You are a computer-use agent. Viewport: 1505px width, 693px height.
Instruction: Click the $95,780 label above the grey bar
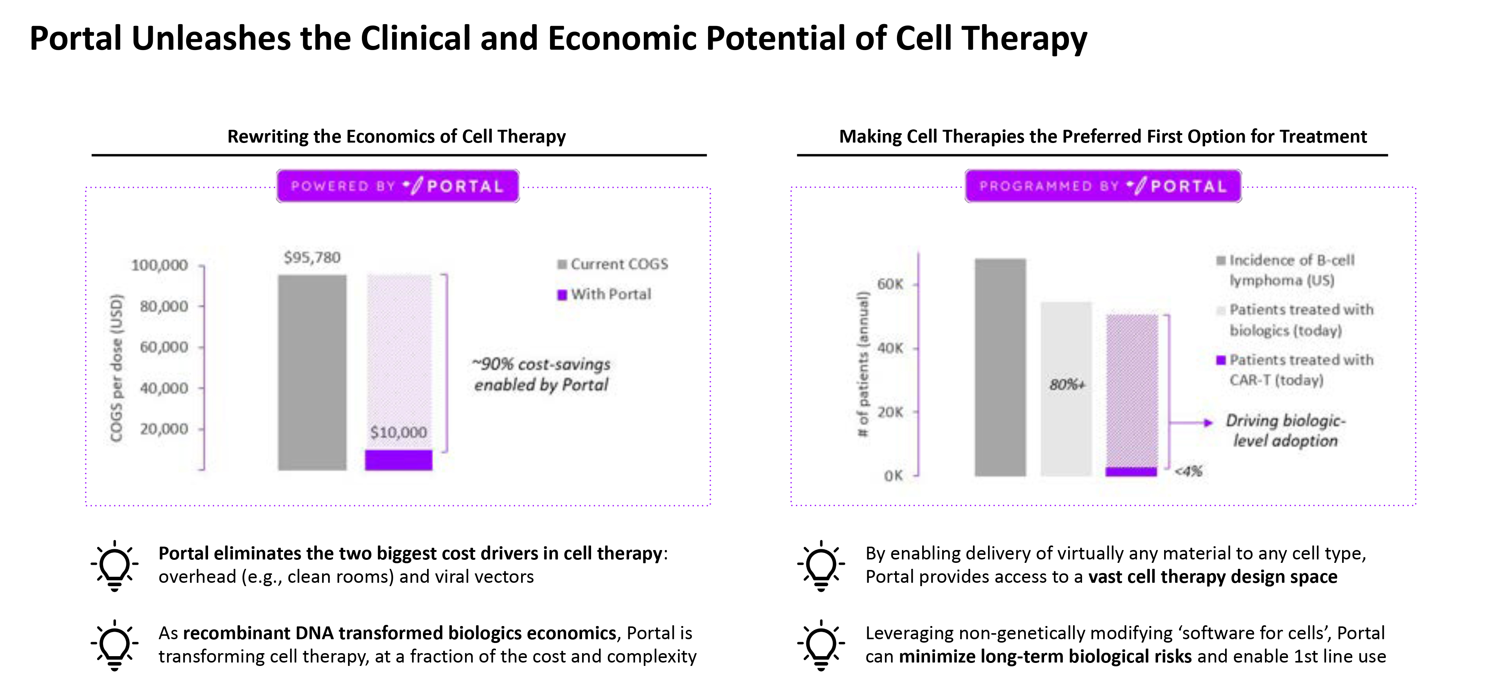pos(312,257)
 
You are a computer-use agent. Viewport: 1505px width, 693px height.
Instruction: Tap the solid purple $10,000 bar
pos(398,460)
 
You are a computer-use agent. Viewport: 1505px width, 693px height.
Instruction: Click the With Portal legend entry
pos(604,294)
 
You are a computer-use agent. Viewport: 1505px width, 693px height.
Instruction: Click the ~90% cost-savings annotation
pos(541,374)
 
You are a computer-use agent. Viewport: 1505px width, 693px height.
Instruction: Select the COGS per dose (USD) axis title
pos(117,368)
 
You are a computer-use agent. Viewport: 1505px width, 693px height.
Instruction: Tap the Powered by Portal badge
pos(398,186)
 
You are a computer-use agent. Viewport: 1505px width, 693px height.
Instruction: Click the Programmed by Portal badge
pos(1103,186)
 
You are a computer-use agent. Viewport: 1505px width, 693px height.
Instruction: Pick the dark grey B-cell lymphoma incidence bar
pos(1000,368)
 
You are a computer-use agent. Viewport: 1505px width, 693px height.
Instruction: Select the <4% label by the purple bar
pos(1188,471)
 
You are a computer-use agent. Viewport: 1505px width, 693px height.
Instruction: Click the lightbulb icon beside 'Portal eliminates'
pos(114,565)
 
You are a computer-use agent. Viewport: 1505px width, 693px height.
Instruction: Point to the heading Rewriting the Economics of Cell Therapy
pos(397,136)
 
